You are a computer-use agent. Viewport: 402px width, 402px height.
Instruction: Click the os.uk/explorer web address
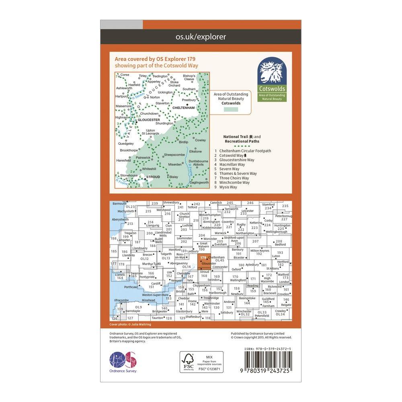click(x=201, y=37)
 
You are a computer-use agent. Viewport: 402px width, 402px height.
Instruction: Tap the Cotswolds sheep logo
click(x=273, y=75)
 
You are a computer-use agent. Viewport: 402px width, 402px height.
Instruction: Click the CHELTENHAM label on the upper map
click(x=183, y=108)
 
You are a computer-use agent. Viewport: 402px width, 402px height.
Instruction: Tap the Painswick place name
click(x=144, y=158)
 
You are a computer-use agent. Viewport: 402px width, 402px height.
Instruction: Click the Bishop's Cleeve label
click(x=189, y=77)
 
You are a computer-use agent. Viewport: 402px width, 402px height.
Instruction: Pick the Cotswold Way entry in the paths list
click(x=233, y=156)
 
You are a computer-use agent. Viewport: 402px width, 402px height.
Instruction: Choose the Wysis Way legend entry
click(x=228, y=187)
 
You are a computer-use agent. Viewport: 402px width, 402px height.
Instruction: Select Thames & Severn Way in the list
click(x=238, y=174)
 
